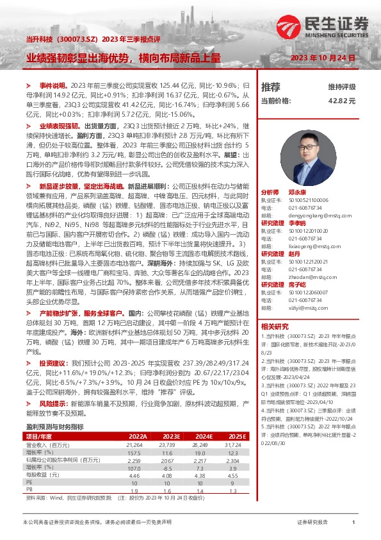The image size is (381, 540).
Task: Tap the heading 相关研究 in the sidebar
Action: pyautogui.click(x=274, y=326)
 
